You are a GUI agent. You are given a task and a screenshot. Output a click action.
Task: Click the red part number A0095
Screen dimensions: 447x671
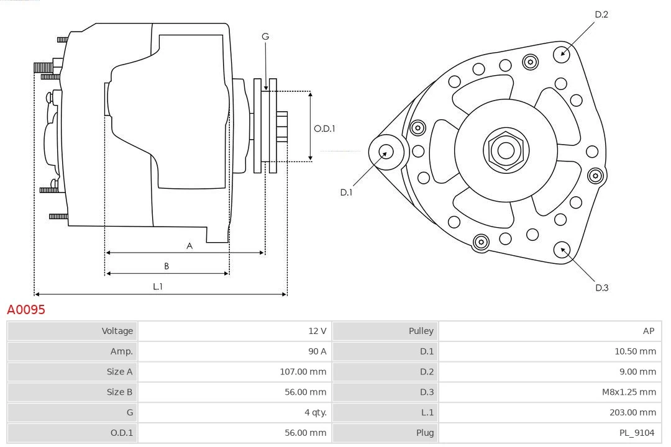coord(26,310)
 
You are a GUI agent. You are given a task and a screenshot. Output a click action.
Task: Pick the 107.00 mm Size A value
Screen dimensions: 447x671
coord(303,372)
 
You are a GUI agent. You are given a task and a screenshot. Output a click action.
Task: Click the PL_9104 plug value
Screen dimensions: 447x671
coord(637,433)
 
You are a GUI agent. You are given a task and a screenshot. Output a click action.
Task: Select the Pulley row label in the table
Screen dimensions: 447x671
coord(421,331)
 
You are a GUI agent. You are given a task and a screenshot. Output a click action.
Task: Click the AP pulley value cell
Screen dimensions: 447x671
coord(648,331)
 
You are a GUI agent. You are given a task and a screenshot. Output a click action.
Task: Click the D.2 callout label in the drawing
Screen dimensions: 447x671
coord(601,14)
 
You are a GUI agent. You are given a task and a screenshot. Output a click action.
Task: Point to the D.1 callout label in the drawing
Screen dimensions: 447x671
coord(346,192)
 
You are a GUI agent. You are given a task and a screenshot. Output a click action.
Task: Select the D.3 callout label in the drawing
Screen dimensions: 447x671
coord(601,287)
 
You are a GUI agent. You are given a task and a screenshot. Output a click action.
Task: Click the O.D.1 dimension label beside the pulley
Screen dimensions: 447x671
coord(324,129)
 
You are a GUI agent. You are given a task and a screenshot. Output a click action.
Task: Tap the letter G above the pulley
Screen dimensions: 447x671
coord(265,37)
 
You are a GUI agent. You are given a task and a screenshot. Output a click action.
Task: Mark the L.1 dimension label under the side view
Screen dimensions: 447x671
coord(158,286)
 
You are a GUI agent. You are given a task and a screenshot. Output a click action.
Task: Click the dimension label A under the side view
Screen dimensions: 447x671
coord(189,246)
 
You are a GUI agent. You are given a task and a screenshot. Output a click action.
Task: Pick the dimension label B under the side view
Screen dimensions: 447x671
coord(167,266)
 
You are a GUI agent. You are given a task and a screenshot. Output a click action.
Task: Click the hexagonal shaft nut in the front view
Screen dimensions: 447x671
coord(506,150)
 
